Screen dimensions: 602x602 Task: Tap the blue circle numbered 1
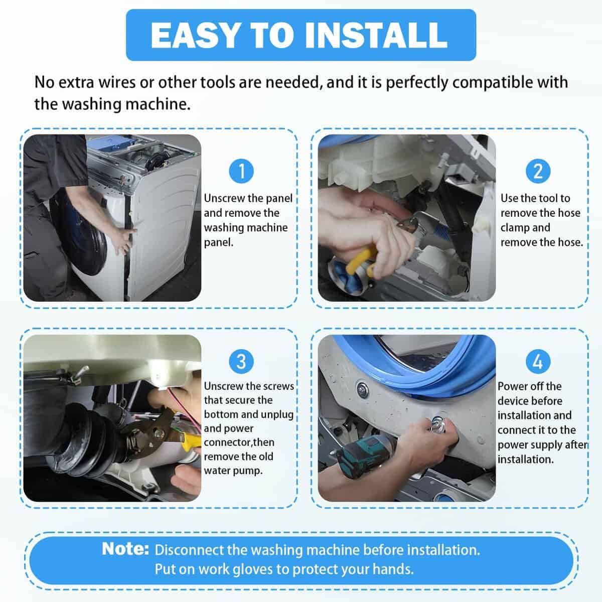241,171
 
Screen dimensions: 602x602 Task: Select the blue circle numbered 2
538,171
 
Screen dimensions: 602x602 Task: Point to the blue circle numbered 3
241,361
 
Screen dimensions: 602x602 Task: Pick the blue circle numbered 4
538,361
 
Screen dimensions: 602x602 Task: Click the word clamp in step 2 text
515,228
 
